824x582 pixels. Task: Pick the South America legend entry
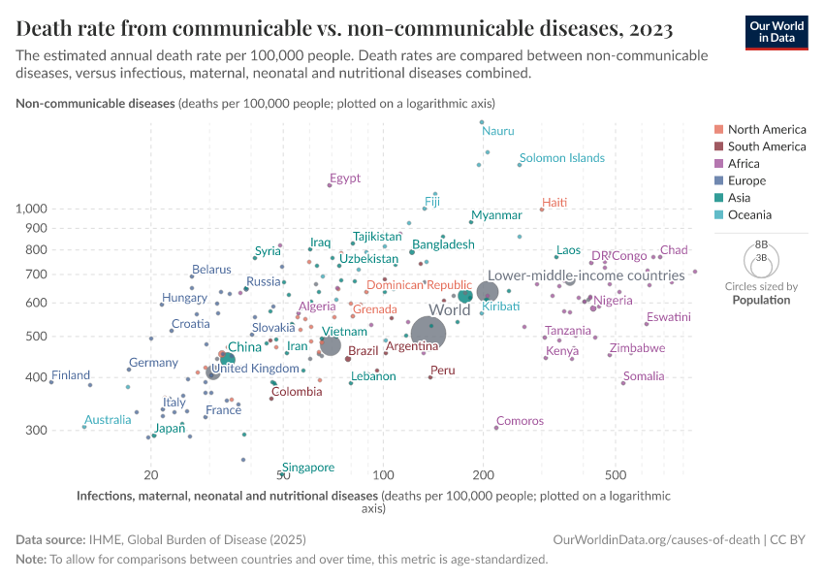766,146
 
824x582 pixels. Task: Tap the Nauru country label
498,131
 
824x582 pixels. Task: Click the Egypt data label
344,178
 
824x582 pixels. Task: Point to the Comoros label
520,421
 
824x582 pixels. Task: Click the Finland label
71,375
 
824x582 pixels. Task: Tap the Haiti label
555,203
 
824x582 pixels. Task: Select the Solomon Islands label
561,158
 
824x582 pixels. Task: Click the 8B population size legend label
761,244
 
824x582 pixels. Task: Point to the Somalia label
644,376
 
